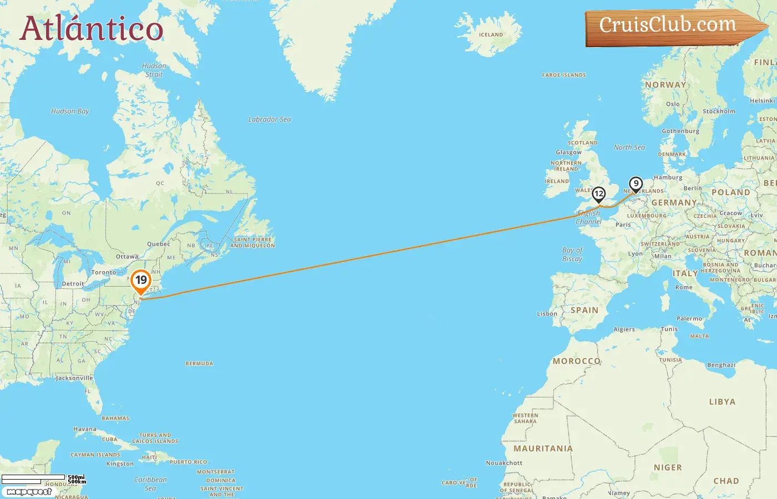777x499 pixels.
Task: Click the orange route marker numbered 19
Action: tap(141, 281)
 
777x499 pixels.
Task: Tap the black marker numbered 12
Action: tap(598, 194)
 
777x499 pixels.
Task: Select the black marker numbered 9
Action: tap(635, 184)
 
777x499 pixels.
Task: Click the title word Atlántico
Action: tap(92, 29)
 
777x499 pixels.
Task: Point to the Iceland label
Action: tap(491, 34)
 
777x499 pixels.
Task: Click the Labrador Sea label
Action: tap(269, 119)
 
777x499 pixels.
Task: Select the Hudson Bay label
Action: tap(70, 111)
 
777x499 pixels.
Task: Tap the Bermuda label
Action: tap(199, 364)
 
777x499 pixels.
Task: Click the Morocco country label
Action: tap(577, 361)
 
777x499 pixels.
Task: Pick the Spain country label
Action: tap(584, 310)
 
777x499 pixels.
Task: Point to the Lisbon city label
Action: tap(547, 314)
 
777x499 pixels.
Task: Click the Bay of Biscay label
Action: tap(572, 254)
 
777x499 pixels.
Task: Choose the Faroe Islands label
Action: tap(564, 75)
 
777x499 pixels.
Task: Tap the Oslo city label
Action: tap(673, 104)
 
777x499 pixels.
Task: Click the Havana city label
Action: tap(85, 429)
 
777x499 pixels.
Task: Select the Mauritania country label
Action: tap(543, 449)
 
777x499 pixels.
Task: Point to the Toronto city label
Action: tap(104, 272)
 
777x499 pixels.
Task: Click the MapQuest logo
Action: tap(29, 492)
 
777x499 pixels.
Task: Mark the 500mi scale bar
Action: tap(33, 477)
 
